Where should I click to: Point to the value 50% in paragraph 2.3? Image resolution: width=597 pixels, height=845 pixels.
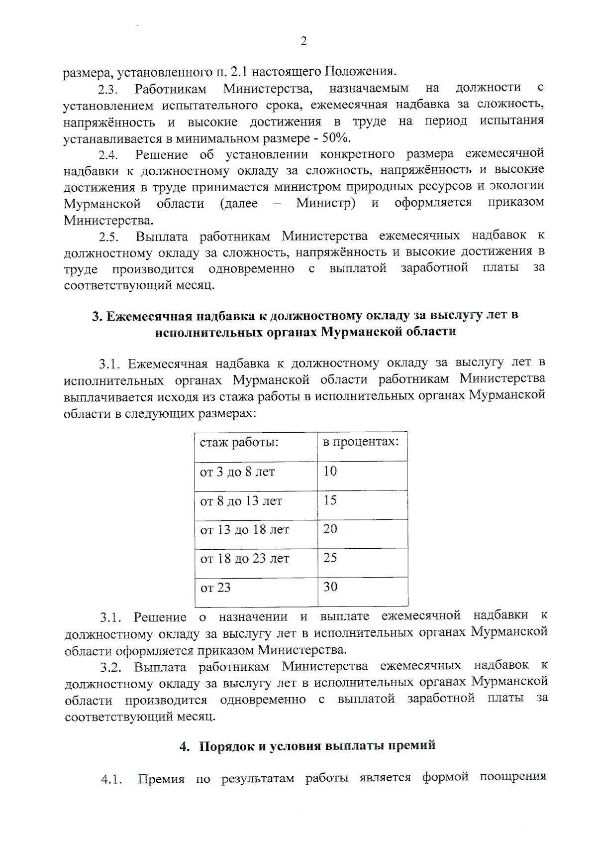339,138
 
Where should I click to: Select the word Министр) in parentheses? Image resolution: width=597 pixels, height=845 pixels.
325,204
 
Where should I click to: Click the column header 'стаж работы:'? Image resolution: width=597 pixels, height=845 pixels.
239,442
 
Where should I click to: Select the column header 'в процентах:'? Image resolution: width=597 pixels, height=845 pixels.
361,442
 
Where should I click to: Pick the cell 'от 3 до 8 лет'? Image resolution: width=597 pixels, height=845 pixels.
237,472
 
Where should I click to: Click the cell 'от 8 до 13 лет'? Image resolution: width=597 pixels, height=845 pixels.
241,500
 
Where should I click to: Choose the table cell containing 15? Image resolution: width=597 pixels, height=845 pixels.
330,500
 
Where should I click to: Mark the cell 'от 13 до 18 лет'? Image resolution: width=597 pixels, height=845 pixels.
244,529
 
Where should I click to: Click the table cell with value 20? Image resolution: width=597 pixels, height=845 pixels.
330,529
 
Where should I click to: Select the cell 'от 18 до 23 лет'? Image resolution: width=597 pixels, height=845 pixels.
244,558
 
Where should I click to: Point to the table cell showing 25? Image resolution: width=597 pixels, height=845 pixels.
330,558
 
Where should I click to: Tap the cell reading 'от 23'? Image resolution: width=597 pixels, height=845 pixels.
215,588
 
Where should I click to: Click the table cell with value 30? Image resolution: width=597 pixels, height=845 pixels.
330,587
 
